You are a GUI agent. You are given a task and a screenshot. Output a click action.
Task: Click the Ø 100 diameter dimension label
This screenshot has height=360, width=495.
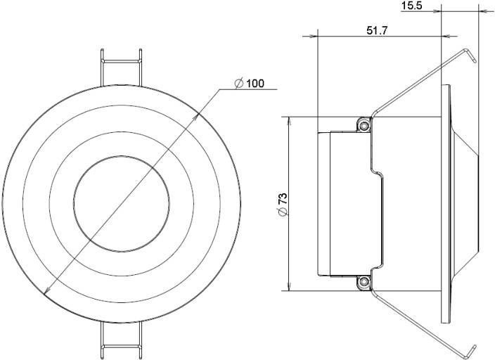coord(250,84)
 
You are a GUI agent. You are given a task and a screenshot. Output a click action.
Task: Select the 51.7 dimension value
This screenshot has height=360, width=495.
coord(380,30)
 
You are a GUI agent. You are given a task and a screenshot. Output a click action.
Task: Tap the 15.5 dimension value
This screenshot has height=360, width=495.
coord(411,6)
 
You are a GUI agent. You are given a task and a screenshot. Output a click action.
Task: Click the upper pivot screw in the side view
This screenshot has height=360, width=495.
coord(364,124)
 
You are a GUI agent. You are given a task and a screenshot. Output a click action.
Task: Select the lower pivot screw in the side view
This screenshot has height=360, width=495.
coord(364,283)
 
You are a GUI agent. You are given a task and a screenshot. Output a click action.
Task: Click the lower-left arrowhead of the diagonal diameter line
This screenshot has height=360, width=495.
coord(48,291)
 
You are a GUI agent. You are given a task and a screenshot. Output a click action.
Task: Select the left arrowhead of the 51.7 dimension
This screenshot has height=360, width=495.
coord(322,36)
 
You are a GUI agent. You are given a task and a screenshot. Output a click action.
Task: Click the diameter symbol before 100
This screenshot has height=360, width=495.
coord(239,84)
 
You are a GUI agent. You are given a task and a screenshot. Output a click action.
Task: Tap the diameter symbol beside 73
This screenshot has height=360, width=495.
coord(282,214)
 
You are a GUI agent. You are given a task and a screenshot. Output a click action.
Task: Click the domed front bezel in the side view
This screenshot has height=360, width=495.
coord(464,204)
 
